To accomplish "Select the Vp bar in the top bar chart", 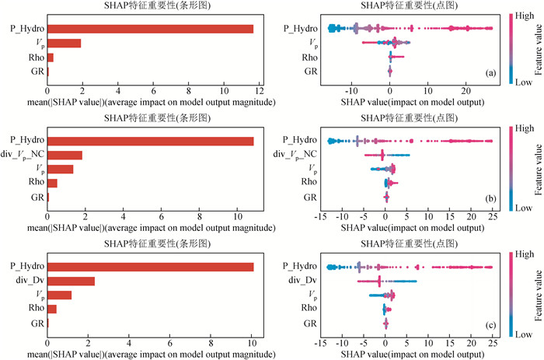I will [x=64, y=44].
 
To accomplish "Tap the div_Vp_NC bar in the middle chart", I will [x=65, y=155].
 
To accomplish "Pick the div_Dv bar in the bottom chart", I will [x=71, y=281].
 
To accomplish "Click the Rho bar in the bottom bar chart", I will [x=52, y=309].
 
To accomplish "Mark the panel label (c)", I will [x=490, y=323].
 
